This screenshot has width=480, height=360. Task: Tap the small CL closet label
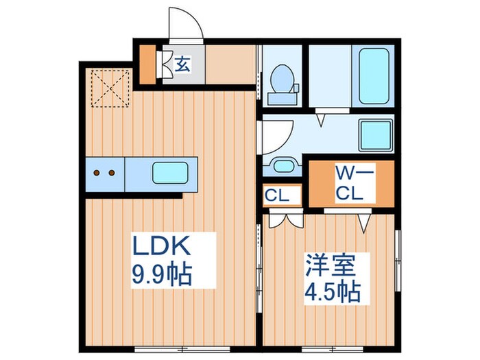[x=282, y=194]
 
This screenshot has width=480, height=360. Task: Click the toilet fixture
[x=281, y=81]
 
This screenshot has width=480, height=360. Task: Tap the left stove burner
[x=97, y=172]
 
